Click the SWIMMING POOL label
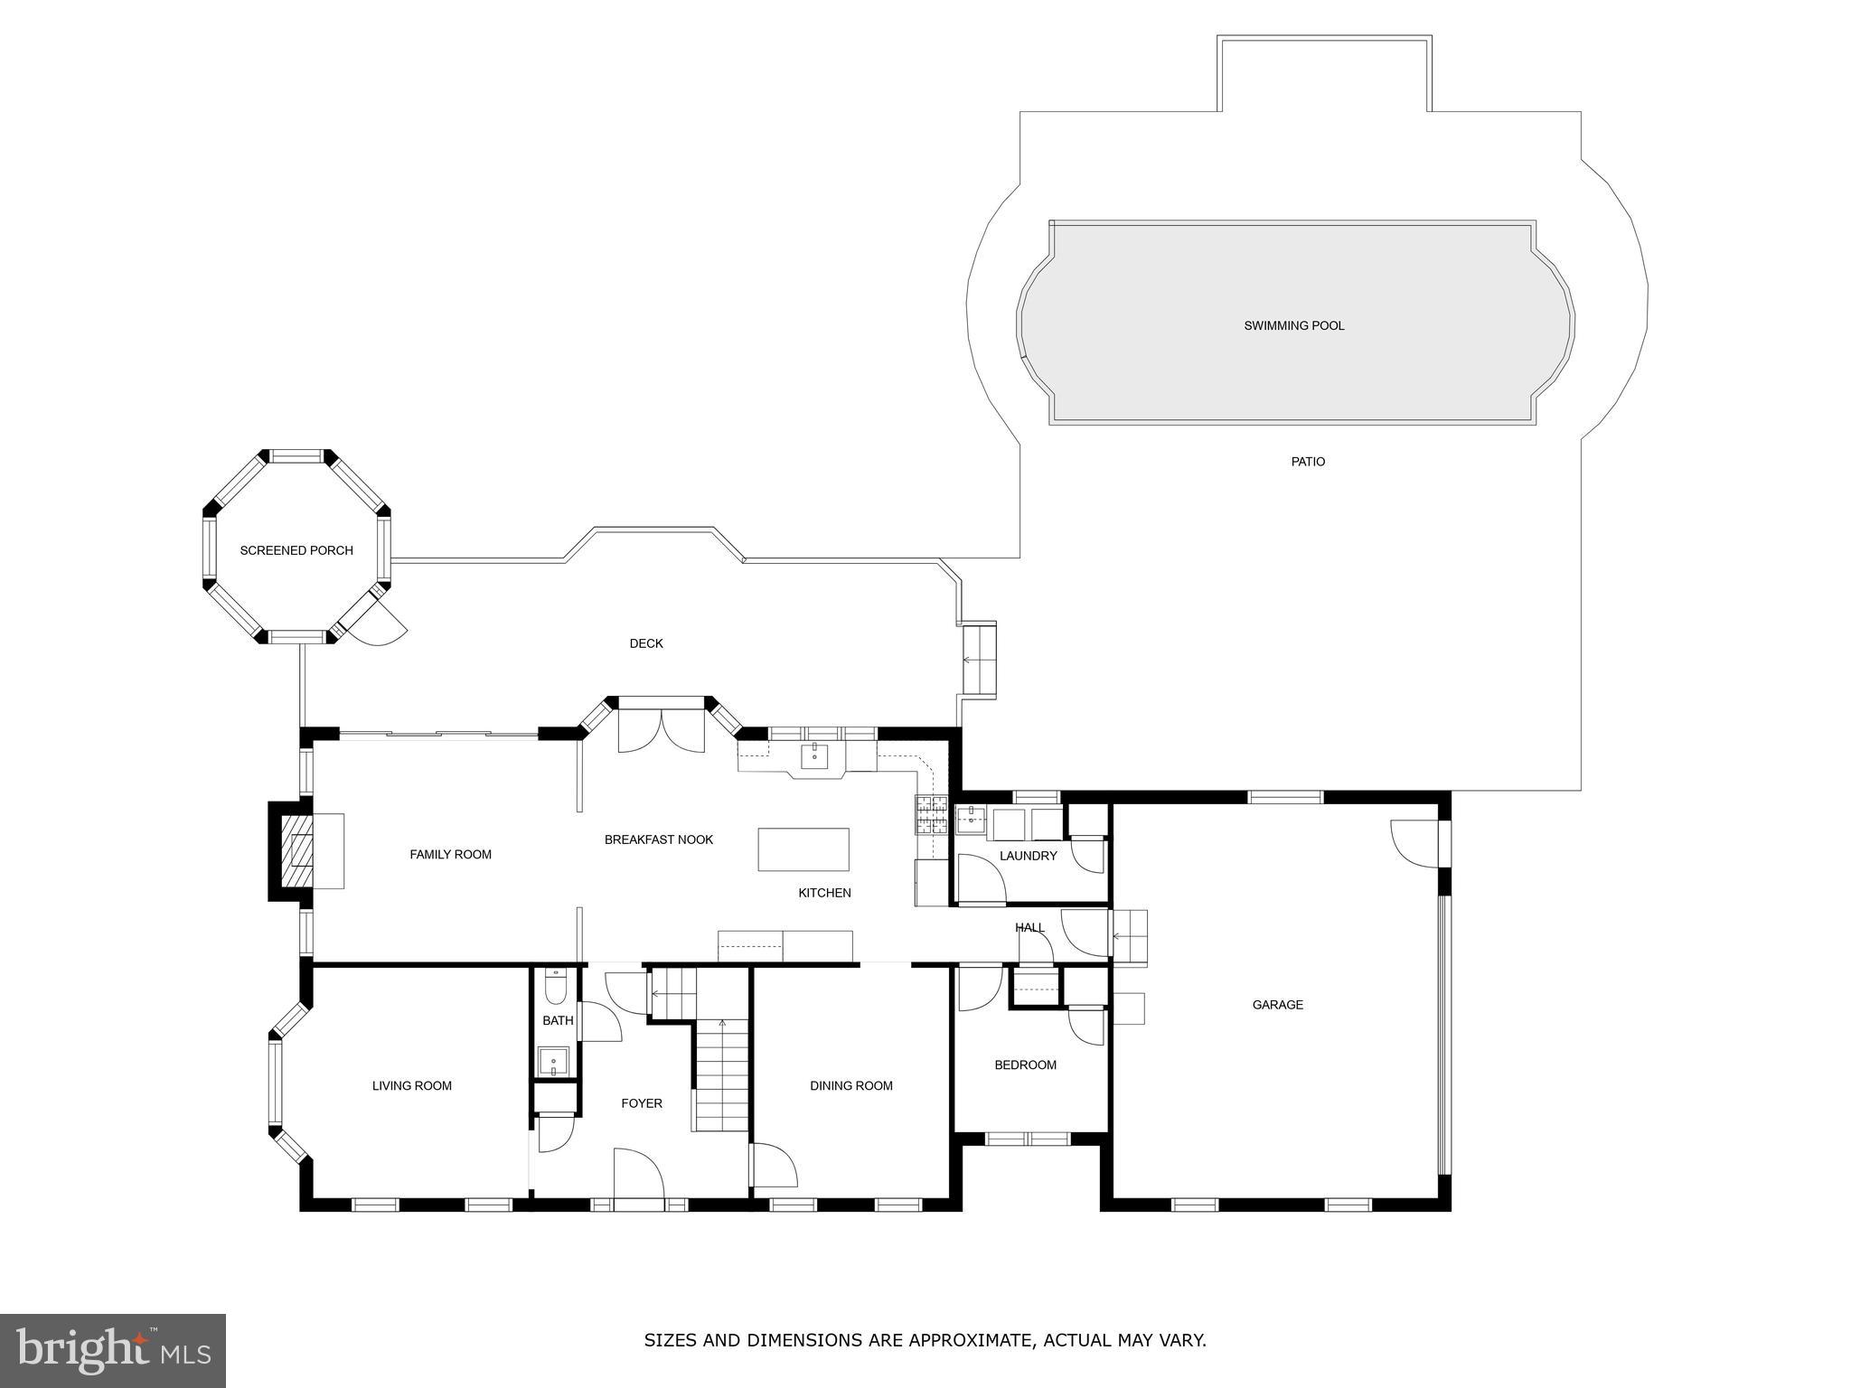point(1293,325)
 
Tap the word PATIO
point(1307,462)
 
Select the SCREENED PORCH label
point(296,550)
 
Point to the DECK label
point(645,643)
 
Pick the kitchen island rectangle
point(803,849)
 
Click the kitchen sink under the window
point(815,755)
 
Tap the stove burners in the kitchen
point(931,815)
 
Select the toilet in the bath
point(556,988)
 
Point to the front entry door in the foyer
point(638,1175)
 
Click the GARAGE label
point(1277,1004)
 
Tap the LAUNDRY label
point(1028,856)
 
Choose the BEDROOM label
point(1025,1064)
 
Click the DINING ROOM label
point(850,1085)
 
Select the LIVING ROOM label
point(411,1085)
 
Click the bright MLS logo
point(112,1350)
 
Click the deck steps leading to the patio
point(978,659)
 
